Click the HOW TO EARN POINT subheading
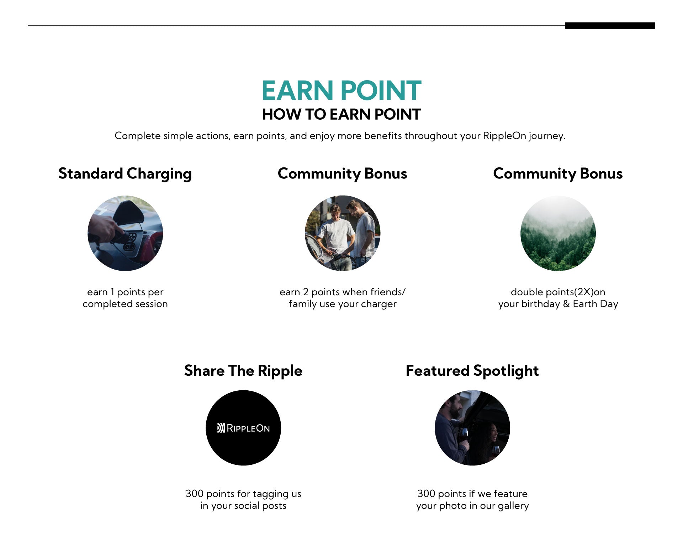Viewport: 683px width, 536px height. (x=341, y=114)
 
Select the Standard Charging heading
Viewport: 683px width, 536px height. (x=125, y=174)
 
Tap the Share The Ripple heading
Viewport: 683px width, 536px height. (x=243, y=371)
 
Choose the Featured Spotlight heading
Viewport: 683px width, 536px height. (x=472, y=371)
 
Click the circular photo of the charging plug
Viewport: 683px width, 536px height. (x=125, y=233)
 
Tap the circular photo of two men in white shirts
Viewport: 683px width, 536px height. (x=343, y=233)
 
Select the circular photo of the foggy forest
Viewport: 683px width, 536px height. (x=558, y=233)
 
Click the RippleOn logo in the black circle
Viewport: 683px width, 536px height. (x=243, y=428)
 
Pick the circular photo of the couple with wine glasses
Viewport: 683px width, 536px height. (x=472, y=428)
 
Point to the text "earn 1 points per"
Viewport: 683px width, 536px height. (x=125, y=292)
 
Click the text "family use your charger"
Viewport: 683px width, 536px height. (x=343, y=304)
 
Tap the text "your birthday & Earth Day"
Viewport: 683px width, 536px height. (x=558, y=304)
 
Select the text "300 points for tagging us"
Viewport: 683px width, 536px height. (x=243, y=494)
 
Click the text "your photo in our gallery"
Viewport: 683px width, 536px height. (x=472, y=506)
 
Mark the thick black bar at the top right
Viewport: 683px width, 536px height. (x=610, y=26)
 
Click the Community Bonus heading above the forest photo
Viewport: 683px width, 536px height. (x=558, y=174)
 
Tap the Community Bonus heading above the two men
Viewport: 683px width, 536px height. (x=342, y=174)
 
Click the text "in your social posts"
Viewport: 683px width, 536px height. (x=243, y=506)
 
